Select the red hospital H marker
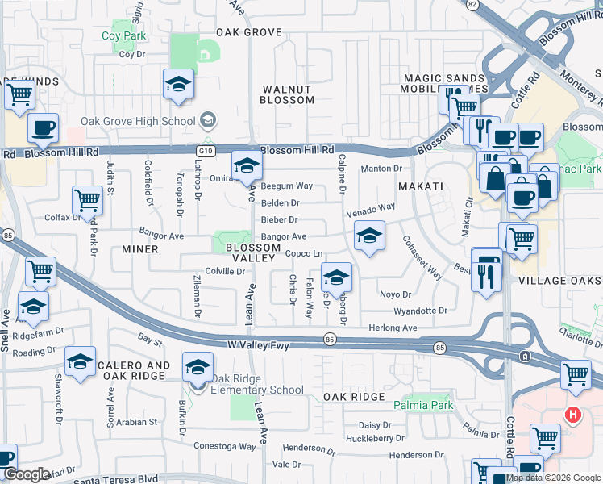(x=572, y=415)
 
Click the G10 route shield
(x=206, y=150)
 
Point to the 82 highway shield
(x=472, y=5)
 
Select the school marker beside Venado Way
(x=369, y=236)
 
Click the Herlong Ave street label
(x=393, y=328)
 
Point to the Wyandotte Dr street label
(x=420, y=311)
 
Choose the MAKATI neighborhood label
(x=420, y=186)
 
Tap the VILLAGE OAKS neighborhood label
(x=559, y=281)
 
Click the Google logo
(x=26, y=474)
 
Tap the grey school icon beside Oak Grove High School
(x=208, y=121)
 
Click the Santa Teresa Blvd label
(x=116, y=480)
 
